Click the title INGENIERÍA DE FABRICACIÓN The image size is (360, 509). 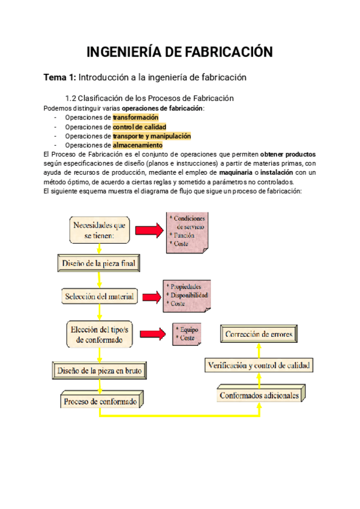point(180,52)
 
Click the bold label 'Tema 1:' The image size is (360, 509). point(59,77)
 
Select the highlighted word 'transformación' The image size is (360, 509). point(136,118)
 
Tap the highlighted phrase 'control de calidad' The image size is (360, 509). point(139,127)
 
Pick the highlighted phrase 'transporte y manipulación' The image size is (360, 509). point(152,136)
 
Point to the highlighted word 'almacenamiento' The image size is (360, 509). point(137,145)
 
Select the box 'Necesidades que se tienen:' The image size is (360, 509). point(99,230)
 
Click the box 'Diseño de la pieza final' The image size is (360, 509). point(99,262)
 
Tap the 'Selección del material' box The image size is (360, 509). point(99,296)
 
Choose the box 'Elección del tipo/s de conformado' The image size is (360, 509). point(100,334)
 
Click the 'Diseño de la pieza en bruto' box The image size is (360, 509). point(100,370)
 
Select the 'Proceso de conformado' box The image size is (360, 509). point(100,400)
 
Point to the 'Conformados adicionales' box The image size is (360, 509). point(259,396)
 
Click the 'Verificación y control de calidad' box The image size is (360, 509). point(259,364)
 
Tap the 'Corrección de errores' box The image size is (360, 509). point(259,334)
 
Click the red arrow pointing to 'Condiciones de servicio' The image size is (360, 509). point(149,230)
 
